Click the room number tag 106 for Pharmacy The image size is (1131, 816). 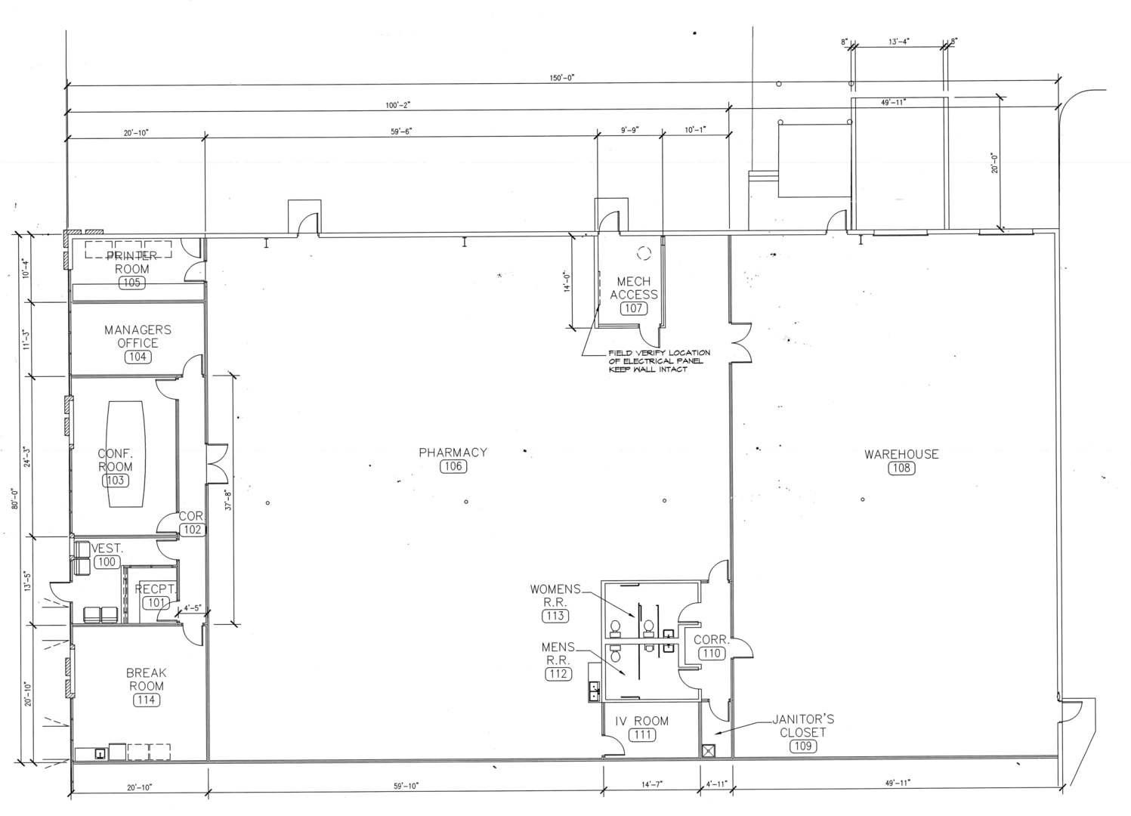click(453, 466)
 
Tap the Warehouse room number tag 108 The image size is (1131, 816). click(901, 468)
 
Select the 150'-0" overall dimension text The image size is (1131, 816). click(562, 78)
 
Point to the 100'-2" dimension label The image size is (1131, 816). click(398, 105)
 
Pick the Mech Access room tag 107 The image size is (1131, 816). click(634, 308)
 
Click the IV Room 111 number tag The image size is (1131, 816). click(642, 734)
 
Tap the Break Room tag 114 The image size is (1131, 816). click(146, 700)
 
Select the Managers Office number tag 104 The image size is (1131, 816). click(138, 357)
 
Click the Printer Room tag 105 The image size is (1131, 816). click(131, 283)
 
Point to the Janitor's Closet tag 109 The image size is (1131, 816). click(802, 746)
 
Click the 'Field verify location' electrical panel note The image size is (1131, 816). click(658, 361)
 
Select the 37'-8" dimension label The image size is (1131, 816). click(229, 500)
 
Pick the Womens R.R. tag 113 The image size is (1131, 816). click(555, 616)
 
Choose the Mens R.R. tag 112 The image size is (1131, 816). click(558, 674)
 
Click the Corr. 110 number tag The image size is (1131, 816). click(712, 654)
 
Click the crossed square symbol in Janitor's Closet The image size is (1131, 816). click(709, 751)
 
